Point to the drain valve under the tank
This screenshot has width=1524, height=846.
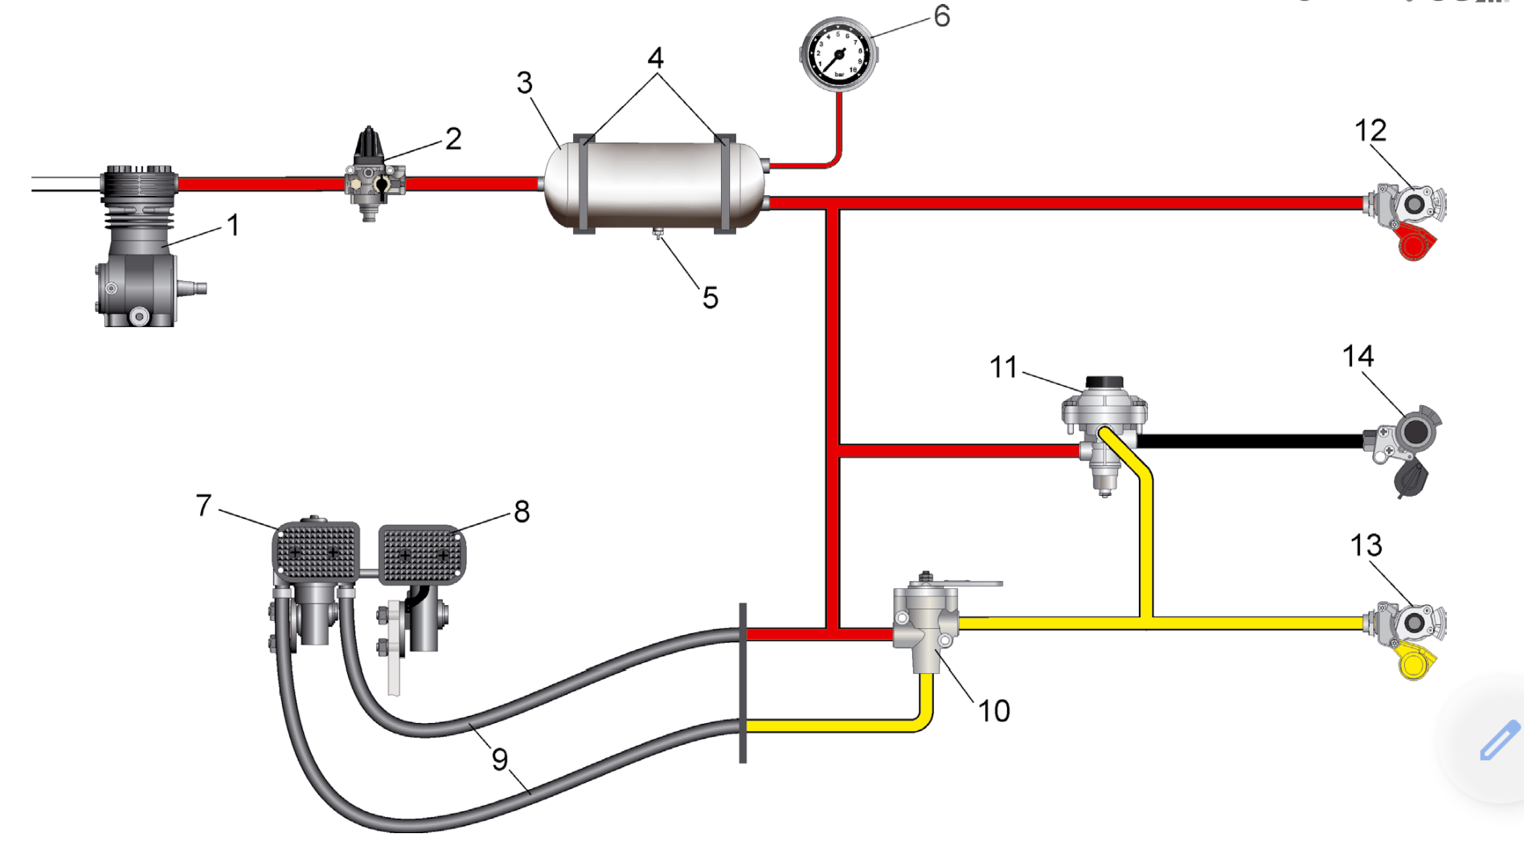coord(658,235)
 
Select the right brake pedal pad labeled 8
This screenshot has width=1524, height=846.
coord(421,553)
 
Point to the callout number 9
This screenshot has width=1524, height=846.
coord(500,758)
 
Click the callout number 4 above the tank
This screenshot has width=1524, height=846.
coord(656,58)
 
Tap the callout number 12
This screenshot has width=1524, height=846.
coord(1370,130)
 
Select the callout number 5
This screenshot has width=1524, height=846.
coord(710,298)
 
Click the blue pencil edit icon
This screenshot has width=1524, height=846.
coord(1499,740)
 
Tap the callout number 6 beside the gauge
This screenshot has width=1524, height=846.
coord(942,16)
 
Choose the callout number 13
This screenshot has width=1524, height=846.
coord(1366,546)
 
